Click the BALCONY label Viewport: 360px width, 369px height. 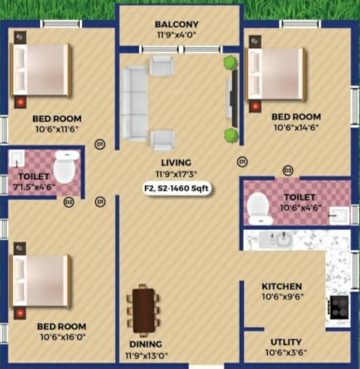[176, 25]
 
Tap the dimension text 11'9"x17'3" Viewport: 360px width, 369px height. [176, 174]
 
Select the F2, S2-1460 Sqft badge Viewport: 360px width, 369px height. [176, 188]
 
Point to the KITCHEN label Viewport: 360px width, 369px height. [282, 287]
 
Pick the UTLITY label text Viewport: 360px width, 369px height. [286, 342]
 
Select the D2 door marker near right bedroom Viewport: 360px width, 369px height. [288, 170]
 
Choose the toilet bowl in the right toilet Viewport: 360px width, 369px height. [259, 207]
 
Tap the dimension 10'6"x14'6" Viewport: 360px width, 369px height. [296, 127]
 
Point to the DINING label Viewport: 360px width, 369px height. [146, 344]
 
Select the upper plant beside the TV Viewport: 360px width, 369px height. [230, 62]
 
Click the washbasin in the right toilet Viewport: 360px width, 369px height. [337, 215]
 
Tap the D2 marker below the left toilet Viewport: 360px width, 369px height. [68, 202]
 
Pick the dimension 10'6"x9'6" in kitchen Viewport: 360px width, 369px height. [282, 297]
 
